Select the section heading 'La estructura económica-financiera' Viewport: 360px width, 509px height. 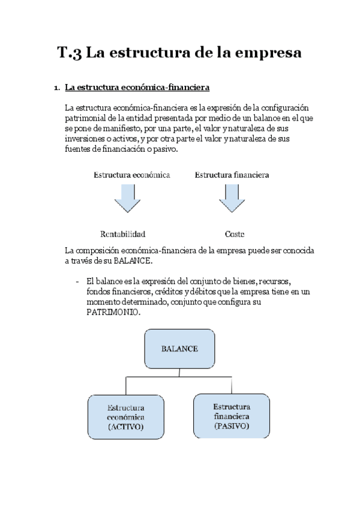click(x=137, y=88)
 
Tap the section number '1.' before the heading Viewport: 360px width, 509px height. click(x=57, y=89)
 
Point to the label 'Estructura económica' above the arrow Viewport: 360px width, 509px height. click(x=131, y=175)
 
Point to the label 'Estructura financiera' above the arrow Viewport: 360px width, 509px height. click(x=232, y=175)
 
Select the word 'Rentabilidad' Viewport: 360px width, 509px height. click(x=122, y=233)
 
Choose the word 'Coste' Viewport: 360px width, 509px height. click(x=234, y=233)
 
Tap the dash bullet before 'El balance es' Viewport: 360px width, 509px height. click(x=78, y=281)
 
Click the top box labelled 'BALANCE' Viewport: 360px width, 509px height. click(x=179, y=349)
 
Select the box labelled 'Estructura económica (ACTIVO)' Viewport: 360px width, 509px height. click(x=125, y=417)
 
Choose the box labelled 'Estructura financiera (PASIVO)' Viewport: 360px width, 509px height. click(x=231, y=415)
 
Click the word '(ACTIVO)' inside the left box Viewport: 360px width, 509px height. click(x=125, y=427)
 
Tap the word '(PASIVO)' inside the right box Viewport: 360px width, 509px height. click(x=231, y=426)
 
